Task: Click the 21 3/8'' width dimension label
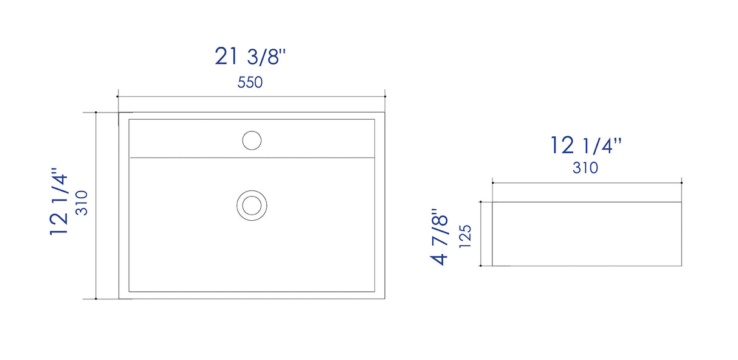point(250,57)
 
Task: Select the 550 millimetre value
point(250,83)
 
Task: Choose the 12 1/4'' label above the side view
point(586,146)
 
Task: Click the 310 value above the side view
point(585,168)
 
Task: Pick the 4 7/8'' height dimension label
point(440,238)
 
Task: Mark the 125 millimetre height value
point(465,236)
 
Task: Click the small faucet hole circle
point(252,140)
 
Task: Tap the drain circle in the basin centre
point(251,204)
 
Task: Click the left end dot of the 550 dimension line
point(117,96)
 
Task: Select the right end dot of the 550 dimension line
point(385,96)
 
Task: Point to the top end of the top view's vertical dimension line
point(96,112)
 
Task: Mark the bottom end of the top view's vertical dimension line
point(96,299)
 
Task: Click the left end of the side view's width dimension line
point(492,182)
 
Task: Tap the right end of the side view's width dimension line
point(681,182)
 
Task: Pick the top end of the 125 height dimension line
point(481,201)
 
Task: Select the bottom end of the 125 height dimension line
point(481,266)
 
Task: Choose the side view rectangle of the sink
point(587,234)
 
